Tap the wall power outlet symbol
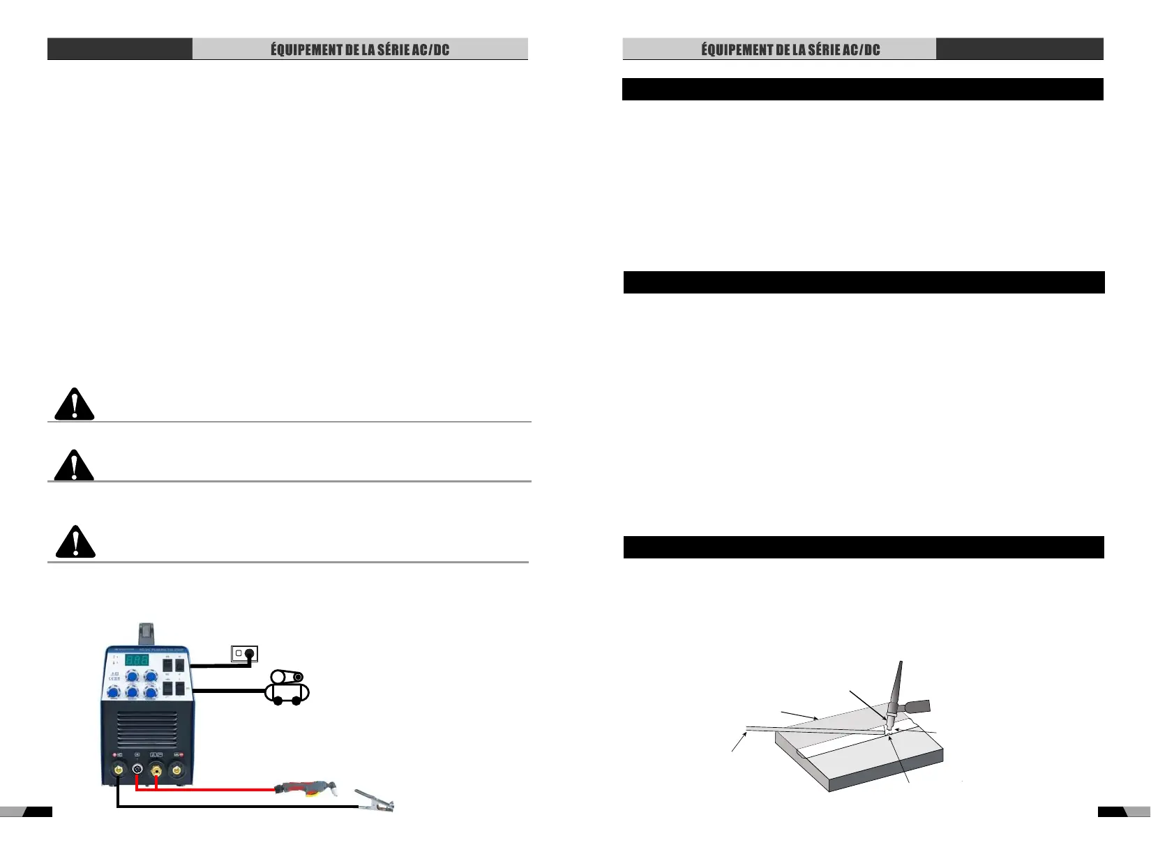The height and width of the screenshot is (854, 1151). [244, 653]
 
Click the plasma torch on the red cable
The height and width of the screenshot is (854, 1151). [307, 789]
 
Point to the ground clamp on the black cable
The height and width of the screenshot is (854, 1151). [375, 802]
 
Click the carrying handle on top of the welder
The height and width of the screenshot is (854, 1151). [146, 632]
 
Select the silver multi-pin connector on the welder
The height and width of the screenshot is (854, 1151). [137, 771]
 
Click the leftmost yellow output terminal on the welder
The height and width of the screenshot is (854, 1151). [119, 771]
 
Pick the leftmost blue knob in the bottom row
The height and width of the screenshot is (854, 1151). [114, 692]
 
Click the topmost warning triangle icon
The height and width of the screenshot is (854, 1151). [74, 404]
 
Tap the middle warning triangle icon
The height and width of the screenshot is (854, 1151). [74, 465]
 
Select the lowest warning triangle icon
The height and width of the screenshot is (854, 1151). [75, 542]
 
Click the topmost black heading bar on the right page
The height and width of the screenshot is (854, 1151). [862, 89]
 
